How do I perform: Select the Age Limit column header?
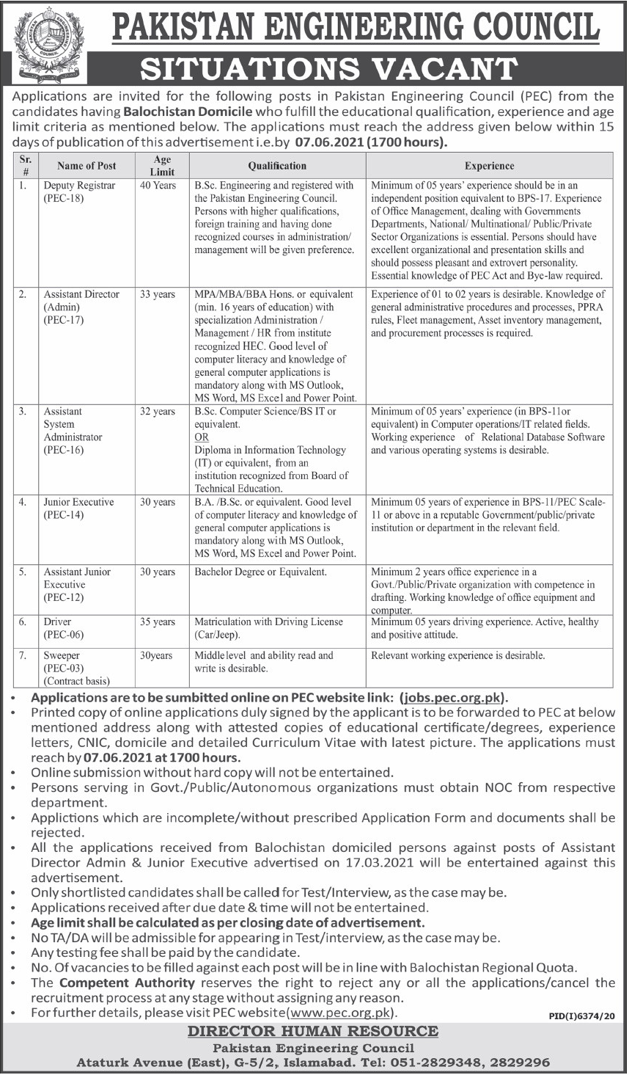162,165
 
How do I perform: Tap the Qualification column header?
276,166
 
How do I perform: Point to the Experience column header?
489,166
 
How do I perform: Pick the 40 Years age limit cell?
158,186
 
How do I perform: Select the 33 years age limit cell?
158,294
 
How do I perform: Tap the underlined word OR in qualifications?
202,437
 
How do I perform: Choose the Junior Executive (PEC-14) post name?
78,509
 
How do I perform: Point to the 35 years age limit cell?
158,622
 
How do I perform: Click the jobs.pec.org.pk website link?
455,699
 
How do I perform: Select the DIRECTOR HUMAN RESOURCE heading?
313,1031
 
